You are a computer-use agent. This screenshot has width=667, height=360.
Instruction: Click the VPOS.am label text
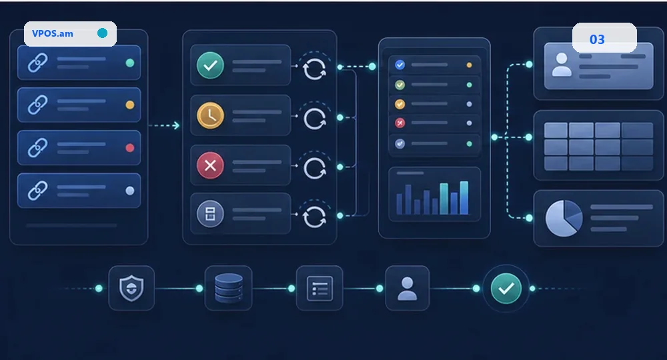pos(52,33)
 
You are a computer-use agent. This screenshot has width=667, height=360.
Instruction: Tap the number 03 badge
pos(597,39)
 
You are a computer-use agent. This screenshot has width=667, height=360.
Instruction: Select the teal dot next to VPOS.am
pos(102,33)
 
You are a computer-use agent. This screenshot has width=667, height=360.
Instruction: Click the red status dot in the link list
pos(130,148)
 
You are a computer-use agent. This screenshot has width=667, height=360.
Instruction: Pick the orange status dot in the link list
pos(130,105)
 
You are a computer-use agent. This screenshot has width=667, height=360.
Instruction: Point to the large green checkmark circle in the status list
pos(210,65)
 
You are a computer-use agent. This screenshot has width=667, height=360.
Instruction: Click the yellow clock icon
pos(210,115)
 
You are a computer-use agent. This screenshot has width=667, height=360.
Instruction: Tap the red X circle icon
pos(210,165)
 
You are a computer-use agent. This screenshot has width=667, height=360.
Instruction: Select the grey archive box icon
pos(210,214)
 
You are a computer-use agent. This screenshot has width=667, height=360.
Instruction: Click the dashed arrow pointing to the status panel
pos(164,125)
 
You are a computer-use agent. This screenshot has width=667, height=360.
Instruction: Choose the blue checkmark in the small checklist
pos(400,65)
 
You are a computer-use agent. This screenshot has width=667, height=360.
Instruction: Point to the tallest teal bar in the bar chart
pos(464,198)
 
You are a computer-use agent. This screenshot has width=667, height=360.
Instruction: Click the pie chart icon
pos(564,219)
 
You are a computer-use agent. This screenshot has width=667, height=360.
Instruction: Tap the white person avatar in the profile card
pos(562,65)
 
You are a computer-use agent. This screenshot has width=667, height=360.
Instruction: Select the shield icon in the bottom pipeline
pos(131,288)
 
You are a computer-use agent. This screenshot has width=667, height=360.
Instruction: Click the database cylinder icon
pos(228,288)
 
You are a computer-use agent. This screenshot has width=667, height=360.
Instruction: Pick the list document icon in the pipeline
pos(319,289)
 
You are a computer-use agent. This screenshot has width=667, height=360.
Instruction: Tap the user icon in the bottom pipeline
pos(407,289)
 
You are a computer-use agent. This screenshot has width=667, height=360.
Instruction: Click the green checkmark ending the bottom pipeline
pos(506,289)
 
